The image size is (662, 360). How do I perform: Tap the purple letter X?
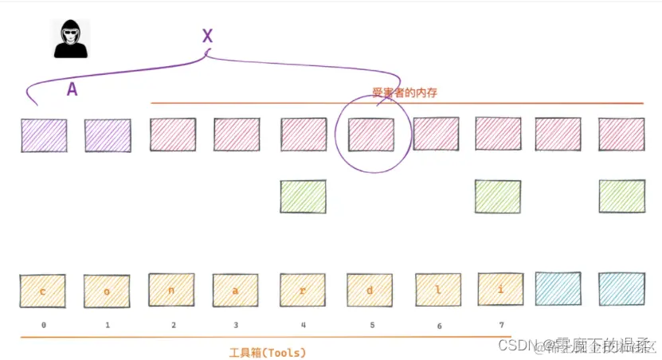click(x=207, y=36)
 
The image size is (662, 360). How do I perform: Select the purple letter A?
click(x=72, y=90)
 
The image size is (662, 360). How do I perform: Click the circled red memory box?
click(x=371, y=135)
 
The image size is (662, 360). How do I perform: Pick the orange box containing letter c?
click(x=43, y=291)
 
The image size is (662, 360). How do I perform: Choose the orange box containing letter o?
click(x=107, y=292)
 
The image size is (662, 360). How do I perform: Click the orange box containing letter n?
click(x=171, y=291)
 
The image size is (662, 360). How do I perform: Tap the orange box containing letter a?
click(x=236, y=291)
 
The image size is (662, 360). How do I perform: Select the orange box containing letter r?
click(x=303, y=291)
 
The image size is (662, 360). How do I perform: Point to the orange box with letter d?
click(x=370, y=291)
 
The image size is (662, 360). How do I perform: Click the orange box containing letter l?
click(x=438, y=291)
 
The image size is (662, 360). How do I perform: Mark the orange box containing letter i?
click(x=500, y=290)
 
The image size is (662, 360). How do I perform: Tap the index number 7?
click(x=500, y=325)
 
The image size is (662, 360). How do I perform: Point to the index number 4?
click(x=304, y=325)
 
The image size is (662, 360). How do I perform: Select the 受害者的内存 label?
click(x=405, y=93)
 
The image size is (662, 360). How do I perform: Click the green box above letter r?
click(x=303, y=196)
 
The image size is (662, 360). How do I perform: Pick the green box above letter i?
click(x=498, y=196)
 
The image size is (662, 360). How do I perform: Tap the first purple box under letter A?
click(x=44, y=135)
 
